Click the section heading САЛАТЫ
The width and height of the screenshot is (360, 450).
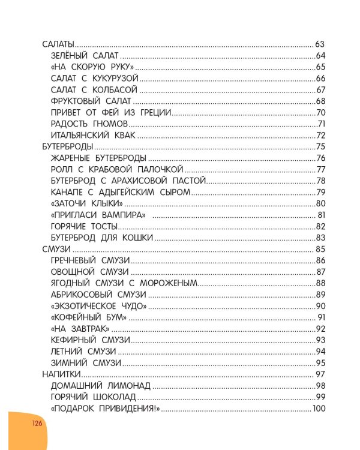click(58, 44)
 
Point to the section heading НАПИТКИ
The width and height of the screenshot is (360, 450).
click(61, 374)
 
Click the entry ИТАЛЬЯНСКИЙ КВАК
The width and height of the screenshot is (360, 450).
click(94, 135)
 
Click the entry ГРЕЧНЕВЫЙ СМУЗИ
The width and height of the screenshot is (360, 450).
click(91, 260)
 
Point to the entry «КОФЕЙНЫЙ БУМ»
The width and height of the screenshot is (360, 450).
click(88, 317)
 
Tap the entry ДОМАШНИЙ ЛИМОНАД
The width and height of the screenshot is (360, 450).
click(100, 385)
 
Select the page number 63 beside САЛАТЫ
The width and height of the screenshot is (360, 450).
click(320, 44)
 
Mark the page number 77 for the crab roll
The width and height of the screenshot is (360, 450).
click(320, 169)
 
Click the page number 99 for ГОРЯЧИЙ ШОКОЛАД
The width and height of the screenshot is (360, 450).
click(320, 397)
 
